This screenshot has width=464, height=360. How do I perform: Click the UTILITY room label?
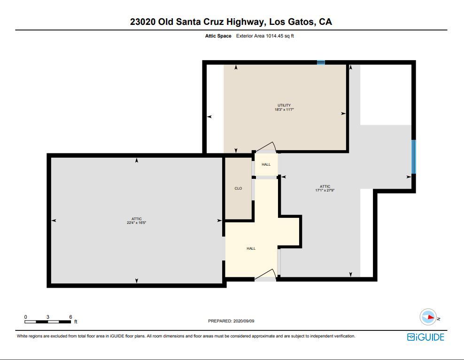click(x=284, y=105)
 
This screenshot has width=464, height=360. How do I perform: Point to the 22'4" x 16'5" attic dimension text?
click(x=136, y=223)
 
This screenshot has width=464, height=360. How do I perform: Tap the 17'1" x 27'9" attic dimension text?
click(x=325, y=191)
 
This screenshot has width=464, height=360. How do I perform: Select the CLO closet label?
click(x=238, y=189)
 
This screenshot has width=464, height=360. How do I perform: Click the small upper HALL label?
click(x=266, y=165)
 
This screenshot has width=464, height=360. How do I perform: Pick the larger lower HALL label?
click(x=251, y=248)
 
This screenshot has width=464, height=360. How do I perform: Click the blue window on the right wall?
click(x=413, y=157)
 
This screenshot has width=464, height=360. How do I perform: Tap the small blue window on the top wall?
click(x=321, y=62)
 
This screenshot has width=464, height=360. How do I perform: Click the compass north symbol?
click(x=428, y=317)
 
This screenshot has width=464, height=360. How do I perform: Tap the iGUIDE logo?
click(x=425, y=337)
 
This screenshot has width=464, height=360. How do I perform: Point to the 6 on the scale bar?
click(x=70, y=317)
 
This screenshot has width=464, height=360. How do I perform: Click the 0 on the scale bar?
click(x=26, y=317)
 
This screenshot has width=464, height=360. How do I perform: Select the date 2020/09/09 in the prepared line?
click(x=244, y=321)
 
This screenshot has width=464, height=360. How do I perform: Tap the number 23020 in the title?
click(x=143, y=22)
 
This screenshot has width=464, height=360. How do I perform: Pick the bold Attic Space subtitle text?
click(x=218, y=36)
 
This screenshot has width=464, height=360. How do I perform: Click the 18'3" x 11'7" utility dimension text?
click(x=284, y=109)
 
